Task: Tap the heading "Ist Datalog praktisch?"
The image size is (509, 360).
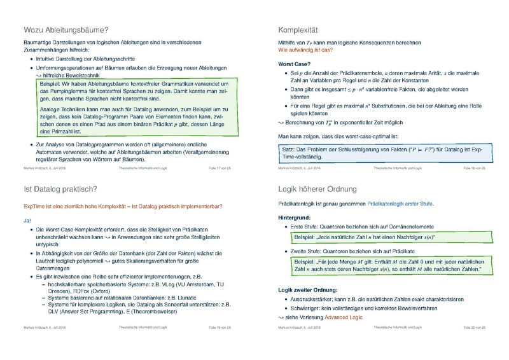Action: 60,189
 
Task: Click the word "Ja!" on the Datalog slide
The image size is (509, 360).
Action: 27,220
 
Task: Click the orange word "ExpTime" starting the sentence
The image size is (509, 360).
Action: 36,206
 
